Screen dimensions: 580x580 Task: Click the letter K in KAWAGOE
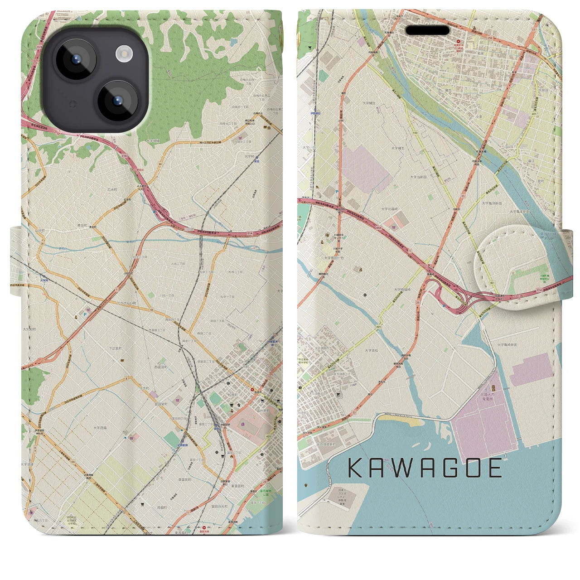pos(356,468)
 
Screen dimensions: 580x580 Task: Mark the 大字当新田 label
pos(420,177)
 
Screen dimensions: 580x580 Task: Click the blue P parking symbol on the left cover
pos(83,311)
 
